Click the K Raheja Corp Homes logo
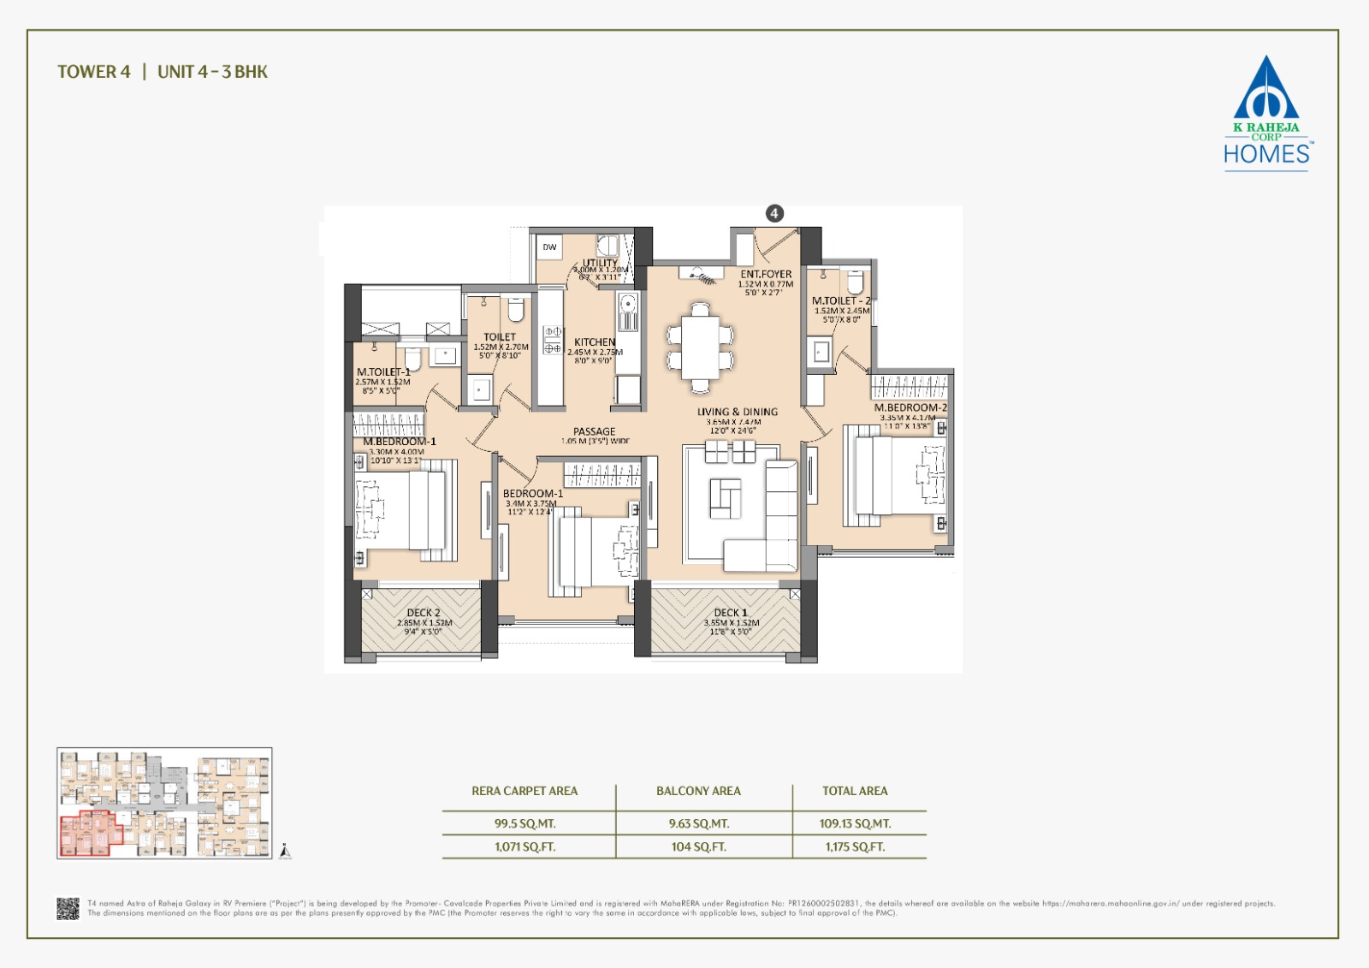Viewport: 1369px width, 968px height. (1265, 115)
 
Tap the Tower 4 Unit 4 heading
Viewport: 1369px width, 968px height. (163, 72)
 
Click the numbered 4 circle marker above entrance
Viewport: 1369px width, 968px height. (774, 213)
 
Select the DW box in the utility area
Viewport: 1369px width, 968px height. (549, 247)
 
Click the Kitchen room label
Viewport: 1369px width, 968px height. (595, 341)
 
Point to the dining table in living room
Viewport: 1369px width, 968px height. (701, 347)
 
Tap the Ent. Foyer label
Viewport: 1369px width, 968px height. (766, 275)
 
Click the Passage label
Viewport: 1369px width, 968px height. (594, 431)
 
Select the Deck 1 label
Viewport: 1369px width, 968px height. (731, 613)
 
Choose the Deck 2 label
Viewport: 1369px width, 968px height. (424, 613)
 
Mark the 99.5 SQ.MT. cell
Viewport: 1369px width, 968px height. (524, 823)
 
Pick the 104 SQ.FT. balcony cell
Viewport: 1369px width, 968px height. (698, 846)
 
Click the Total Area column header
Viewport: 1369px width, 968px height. (855, 791)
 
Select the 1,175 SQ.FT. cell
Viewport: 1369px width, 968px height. (855, 846)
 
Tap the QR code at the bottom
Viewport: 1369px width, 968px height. (68, 908)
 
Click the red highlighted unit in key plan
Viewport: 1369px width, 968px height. (86, 834)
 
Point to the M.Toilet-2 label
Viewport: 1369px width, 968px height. (840, 301)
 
